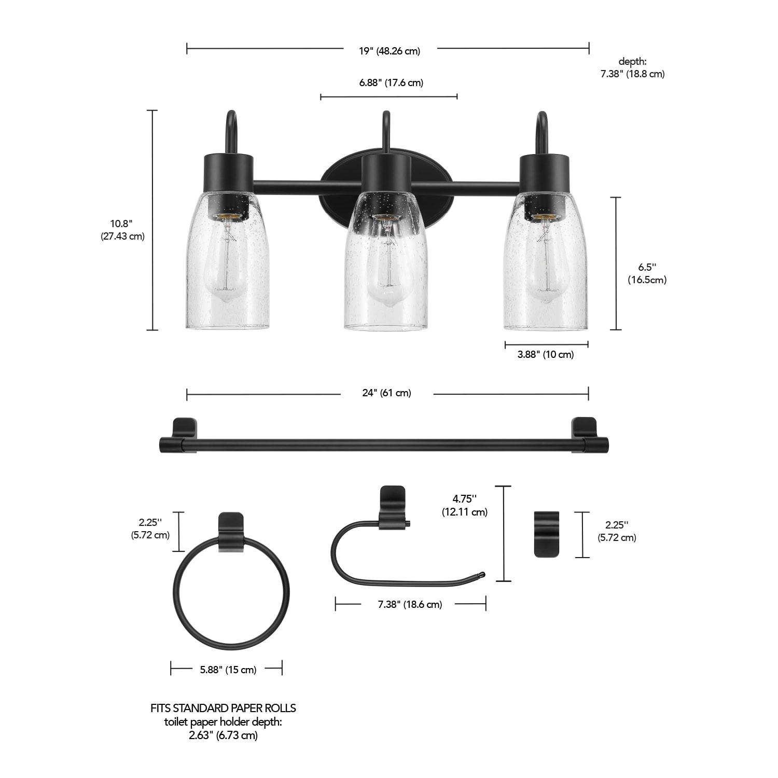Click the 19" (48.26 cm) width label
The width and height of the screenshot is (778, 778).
click(x=390, y=51)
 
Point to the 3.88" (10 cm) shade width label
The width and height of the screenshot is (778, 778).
click(x=546, y=355)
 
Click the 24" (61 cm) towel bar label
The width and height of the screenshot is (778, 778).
click(x=386, y=393)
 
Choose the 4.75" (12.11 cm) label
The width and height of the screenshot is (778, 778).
click(x=465, y=505)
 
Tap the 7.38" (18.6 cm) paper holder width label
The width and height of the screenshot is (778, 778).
click(x=410, y=604)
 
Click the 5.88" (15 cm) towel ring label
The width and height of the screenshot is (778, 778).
click(x=228, y=670)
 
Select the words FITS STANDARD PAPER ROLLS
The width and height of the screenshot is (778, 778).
click(x=223, y=708)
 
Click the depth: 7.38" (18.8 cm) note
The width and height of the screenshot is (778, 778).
click(x=632, y=68)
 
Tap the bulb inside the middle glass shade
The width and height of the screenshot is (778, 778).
click(x=386, y=270)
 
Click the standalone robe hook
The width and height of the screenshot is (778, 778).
click(x=547, y=534)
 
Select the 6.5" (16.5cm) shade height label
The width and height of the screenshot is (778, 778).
click(x=647, y=273)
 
